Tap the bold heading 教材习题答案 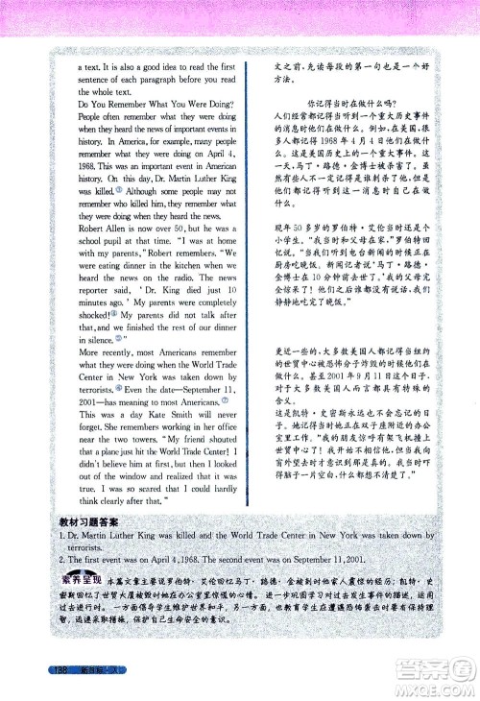click(x=90, y=520)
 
